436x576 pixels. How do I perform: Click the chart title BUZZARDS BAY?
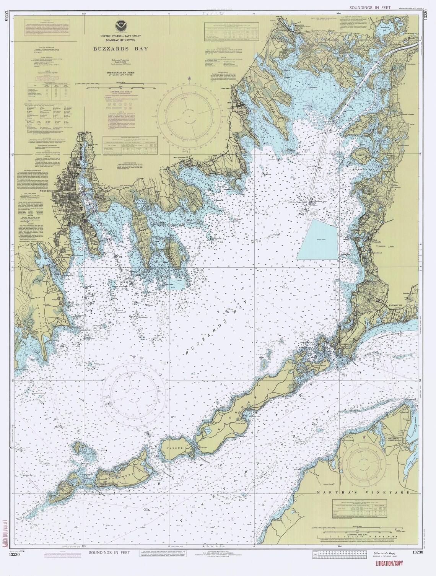[x=114, y=49]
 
